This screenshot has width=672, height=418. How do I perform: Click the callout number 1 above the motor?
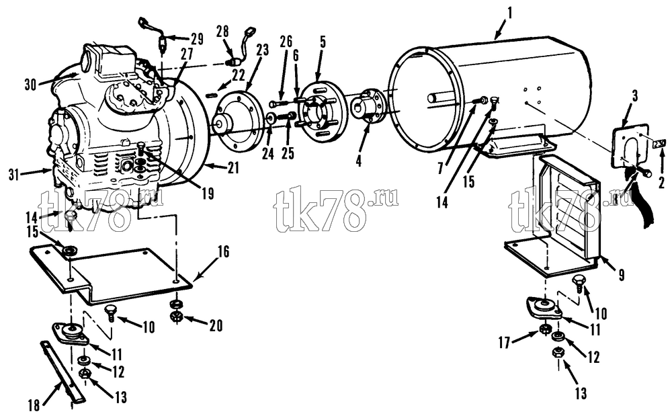[509, 13]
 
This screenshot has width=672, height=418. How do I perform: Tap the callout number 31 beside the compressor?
[15, 175]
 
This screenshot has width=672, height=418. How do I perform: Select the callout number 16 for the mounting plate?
[224, 251]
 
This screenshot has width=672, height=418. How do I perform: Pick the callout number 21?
[233, 169]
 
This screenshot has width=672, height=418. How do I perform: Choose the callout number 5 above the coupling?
[323, 42]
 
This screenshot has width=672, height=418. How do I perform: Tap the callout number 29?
[197, 39]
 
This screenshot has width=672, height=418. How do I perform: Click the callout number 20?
[216, 326]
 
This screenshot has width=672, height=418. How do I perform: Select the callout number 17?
[504, 343]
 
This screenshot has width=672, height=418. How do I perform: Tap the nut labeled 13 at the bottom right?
[558, 353]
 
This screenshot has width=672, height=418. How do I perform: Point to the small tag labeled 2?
[659, 142]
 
